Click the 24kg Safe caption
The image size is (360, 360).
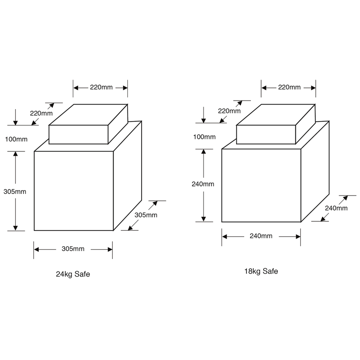click(x=73, y=274)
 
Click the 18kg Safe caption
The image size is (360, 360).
click(x=261, y=271)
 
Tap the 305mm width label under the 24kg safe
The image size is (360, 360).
click(x=73, y=249)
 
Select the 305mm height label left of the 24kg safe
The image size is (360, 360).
click(x=15, y=192)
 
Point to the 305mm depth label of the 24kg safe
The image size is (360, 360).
click(x=146, y=215)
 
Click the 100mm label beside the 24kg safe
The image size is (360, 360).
click(x=16, y=139)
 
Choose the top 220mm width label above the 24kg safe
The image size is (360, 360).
click(x=101, y=87)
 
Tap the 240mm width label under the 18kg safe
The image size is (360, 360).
click(x=261, y=236)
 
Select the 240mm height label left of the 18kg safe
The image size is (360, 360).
click(x=203, y=184)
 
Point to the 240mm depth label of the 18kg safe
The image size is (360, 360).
click(x=336, y=208)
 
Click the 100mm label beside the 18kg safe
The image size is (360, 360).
click(x=204, y=137)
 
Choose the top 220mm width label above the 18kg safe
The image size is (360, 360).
click(x=289, y=87)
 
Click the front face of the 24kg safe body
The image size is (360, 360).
click(x=73, y=191)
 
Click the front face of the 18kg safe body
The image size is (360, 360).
click(x=261, y=185)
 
